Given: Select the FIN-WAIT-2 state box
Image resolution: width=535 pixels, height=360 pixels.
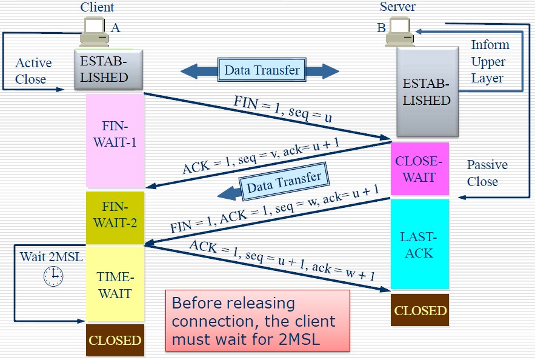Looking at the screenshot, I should click(x=115, y=217).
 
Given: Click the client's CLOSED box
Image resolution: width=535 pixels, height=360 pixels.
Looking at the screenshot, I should click(x=115, y=340).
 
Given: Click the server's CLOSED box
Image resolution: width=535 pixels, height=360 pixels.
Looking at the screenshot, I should click(x=420, y=310).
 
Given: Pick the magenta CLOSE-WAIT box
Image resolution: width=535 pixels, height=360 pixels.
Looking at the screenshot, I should click(x=420, y=169).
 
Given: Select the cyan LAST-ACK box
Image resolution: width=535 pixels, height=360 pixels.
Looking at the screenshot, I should click(x=420, y=244).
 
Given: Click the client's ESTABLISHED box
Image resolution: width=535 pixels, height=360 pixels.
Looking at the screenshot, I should click(x=104, y=70).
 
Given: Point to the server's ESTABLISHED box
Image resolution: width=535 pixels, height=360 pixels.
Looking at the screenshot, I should click(x=427, y=92).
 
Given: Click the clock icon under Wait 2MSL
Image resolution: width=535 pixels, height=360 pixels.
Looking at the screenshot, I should click(x=53, y=276).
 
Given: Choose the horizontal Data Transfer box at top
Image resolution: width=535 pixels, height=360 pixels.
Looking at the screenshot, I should click(x=262, y=70).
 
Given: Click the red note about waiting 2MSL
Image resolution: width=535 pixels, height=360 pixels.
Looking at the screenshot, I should click(x=258, y=321).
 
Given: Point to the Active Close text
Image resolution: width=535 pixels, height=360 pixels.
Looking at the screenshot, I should click(x=33, y=71).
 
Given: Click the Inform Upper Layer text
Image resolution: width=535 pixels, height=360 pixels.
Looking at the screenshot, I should click(x=490, y=61).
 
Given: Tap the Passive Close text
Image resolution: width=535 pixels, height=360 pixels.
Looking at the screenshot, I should click(x=487, y=173).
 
